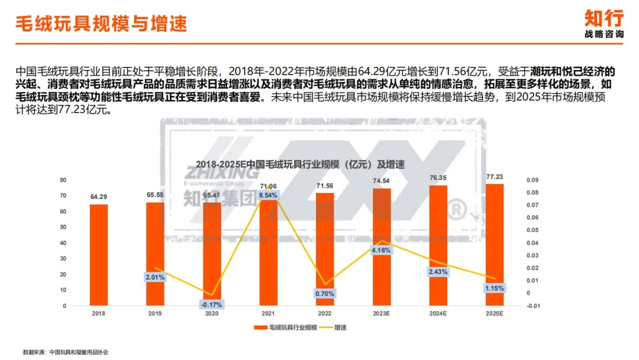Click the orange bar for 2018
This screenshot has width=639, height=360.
pos(99,255)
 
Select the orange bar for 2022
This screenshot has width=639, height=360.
pos(325,249)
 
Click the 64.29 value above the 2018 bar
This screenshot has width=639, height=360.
pos(99,197)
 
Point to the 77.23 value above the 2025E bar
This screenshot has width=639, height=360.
pos(495,176)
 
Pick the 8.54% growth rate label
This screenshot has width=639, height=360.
pos(267,195)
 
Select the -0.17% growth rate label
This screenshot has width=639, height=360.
pos(212,304)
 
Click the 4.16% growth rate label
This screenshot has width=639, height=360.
pos(382,250)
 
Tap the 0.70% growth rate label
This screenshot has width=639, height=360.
pos(324,293)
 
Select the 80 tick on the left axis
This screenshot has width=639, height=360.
pos(63,180)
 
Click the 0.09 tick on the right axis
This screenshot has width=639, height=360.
pos(533,180)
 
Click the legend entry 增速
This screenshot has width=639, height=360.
pos(336,327)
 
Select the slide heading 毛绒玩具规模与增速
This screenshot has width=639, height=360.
pos(101,24)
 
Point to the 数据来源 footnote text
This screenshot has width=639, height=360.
pos(66,352)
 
